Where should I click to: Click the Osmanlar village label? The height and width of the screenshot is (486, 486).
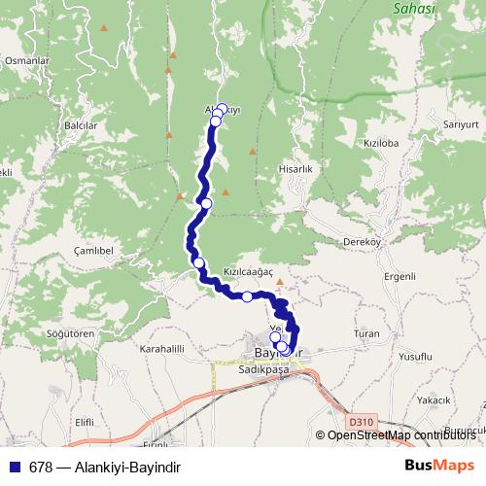pyautogui.click(x=26, y=60)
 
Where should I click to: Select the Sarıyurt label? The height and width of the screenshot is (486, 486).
pyautogui.click(x=460, y=124)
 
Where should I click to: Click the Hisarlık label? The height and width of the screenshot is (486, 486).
pyautogui.click(x=294, y=168)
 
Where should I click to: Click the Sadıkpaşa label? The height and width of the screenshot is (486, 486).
pyautogui.click(x=263, y=370)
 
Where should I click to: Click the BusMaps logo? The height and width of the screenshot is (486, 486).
pyautogui.click(x=440, y=466)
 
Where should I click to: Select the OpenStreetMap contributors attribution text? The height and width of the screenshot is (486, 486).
pyautogui.click(x=404, y=435)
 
